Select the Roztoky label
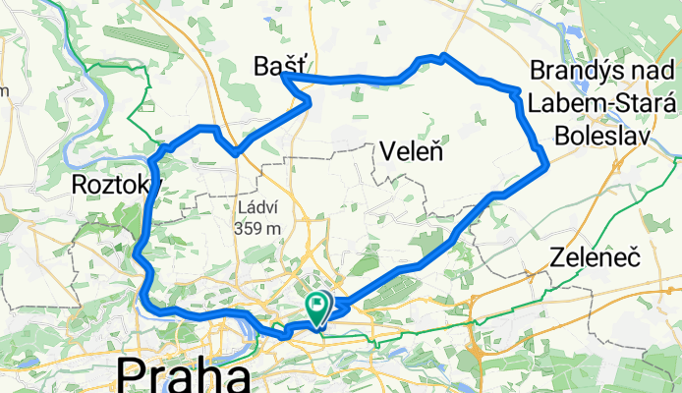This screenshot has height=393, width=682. [x=114, y=185]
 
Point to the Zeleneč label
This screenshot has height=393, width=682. [x=595, y=260]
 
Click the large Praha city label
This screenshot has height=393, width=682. [x=183, y=377]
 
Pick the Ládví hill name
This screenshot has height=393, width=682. [x=260, y=207]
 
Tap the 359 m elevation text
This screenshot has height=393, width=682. [x=260, y=228]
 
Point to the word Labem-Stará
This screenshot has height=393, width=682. [x=598, y=104]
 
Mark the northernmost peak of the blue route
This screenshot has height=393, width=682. [x=444, y=54]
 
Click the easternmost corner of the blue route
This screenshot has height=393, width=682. [x=545, y=167]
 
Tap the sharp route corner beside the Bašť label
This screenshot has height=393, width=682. [x=286, y=78]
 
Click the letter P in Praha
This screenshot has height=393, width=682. [x=131, y=377]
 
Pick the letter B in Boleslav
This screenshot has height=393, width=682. [x=564, y=138]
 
